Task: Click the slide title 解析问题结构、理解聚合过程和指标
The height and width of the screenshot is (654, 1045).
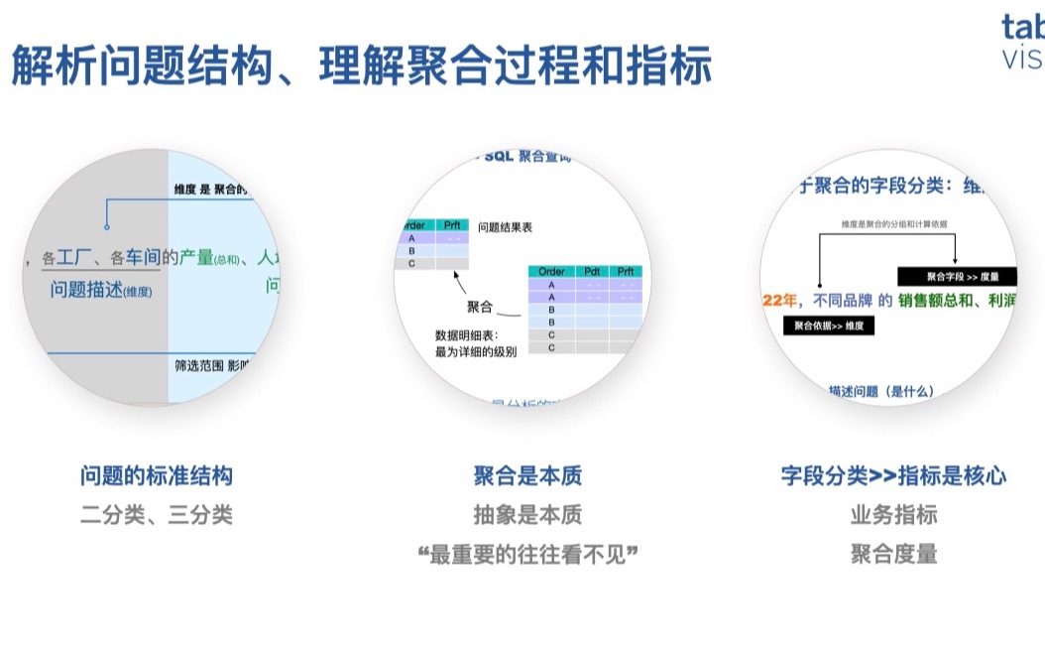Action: (x=361, y=67)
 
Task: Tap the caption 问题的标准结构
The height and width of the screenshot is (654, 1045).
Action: (x=157, y=476)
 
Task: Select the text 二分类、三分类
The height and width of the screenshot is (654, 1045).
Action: (x=157, y=515)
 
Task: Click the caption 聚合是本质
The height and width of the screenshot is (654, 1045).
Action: (x=527, y=476)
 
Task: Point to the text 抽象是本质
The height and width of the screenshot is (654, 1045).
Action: (x=527, y=515)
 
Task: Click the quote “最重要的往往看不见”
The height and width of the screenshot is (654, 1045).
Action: (x=527, y=554)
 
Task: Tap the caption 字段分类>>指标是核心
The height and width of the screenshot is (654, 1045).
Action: (x=893, y=476)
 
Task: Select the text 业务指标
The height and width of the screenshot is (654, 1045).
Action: (x=893, y=515)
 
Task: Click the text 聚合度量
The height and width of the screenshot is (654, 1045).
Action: (x=893, y=554)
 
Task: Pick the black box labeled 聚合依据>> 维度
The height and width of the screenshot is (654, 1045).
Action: (x=829, y=326)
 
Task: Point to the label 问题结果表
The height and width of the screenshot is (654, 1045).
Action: (x=505, y=227)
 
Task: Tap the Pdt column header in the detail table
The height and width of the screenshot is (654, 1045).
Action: (x=593, y=271)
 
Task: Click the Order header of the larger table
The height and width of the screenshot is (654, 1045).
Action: (x=551, y=271)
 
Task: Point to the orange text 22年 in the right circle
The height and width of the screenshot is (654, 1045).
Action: (x=782, y=301)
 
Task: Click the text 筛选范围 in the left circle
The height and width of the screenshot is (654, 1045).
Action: (x=198, y=365)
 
